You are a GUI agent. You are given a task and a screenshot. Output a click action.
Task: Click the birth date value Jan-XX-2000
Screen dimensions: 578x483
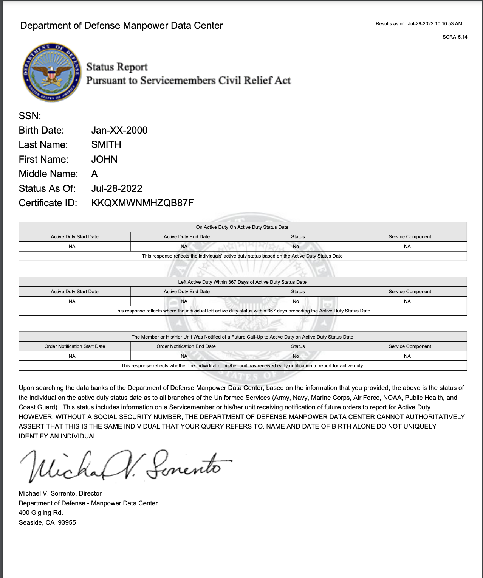(119, 130)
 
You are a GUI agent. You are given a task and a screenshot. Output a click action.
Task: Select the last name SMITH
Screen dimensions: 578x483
(106, 144)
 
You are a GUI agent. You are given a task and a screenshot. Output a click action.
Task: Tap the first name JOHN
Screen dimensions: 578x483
(104, 159)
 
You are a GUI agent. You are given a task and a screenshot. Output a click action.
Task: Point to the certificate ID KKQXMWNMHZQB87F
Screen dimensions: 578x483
(142, 203)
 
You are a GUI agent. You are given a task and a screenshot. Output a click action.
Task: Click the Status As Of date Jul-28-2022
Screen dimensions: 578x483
(117, 188)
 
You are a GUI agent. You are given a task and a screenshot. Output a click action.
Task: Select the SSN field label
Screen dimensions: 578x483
(30, 116)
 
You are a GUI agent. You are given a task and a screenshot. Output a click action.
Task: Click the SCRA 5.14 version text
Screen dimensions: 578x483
(455, 37)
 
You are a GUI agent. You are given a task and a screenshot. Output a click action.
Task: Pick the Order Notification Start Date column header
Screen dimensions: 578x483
(75, 346)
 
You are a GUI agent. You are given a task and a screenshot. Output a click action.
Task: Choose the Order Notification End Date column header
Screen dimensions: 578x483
(186, 346)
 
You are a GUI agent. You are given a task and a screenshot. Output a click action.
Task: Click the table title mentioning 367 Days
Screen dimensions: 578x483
(242, 282)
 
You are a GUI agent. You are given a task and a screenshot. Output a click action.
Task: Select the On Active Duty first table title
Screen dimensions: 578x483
(242, 227)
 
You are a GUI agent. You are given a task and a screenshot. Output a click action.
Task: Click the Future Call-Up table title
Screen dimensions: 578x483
(242, 337)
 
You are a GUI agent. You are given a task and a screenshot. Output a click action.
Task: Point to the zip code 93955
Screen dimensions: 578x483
(67, 522)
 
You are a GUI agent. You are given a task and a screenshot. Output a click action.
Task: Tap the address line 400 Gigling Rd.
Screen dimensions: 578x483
(41, 513)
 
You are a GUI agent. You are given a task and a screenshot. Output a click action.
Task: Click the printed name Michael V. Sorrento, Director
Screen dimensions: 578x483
(60, 493)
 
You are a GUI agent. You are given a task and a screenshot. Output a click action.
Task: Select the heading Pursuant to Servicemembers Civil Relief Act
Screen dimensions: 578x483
(189, 81)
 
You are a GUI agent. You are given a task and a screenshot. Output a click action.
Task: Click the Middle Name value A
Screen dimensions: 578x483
(94, 174)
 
